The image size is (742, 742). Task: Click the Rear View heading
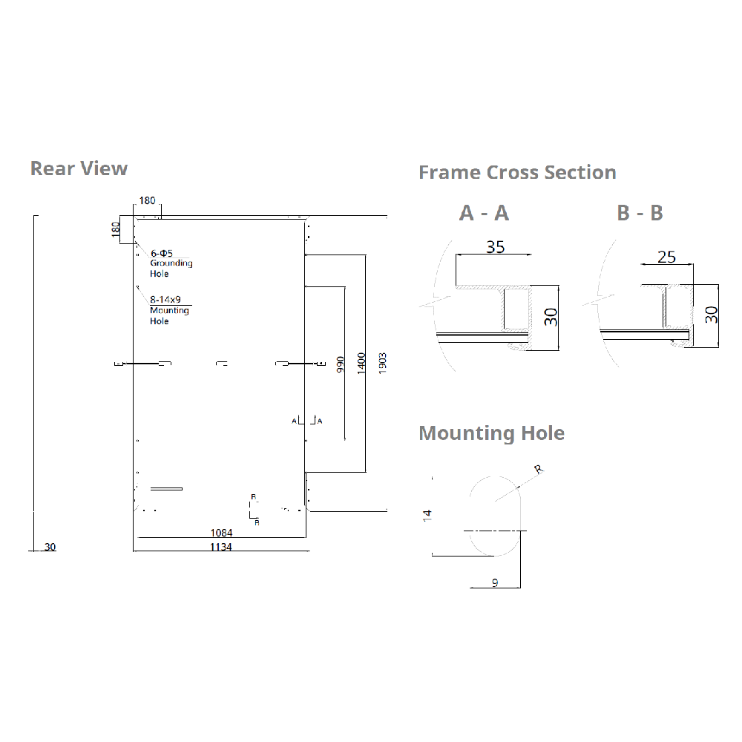click(x=79, y=168)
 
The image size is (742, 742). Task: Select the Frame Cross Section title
click(x=517, y=172)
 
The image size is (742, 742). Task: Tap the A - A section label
click(x=484, y=213)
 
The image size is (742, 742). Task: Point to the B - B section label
click(x=640, y=213)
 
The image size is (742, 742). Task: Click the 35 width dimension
click(x=495, y=246)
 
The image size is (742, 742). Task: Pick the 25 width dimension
click(x=667, y=257)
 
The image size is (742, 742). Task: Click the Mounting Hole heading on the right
click(x=491, y=433)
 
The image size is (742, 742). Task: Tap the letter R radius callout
click(x=539, y=469)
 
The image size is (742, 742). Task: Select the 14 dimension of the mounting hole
click(x=427, y=513)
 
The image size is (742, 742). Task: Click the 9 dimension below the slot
click(x=495, y=583)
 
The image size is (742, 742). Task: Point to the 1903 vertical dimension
click(x=382, y=364)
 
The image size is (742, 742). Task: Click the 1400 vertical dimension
click(x=361, y=364)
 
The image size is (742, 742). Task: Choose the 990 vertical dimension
click(x=341, y=364)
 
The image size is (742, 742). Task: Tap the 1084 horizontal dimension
click(x=221, y=532)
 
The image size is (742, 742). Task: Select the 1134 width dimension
click(x=221, y=547)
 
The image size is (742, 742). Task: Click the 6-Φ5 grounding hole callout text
click(x=162, y=253)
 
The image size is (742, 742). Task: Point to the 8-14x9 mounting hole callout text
click(x=165, y=300)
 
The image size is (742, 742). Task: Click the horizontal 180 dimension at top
click(x=148, y=200)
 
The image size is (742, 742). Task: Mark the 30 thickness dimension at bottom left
click(x=50, y=547)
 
